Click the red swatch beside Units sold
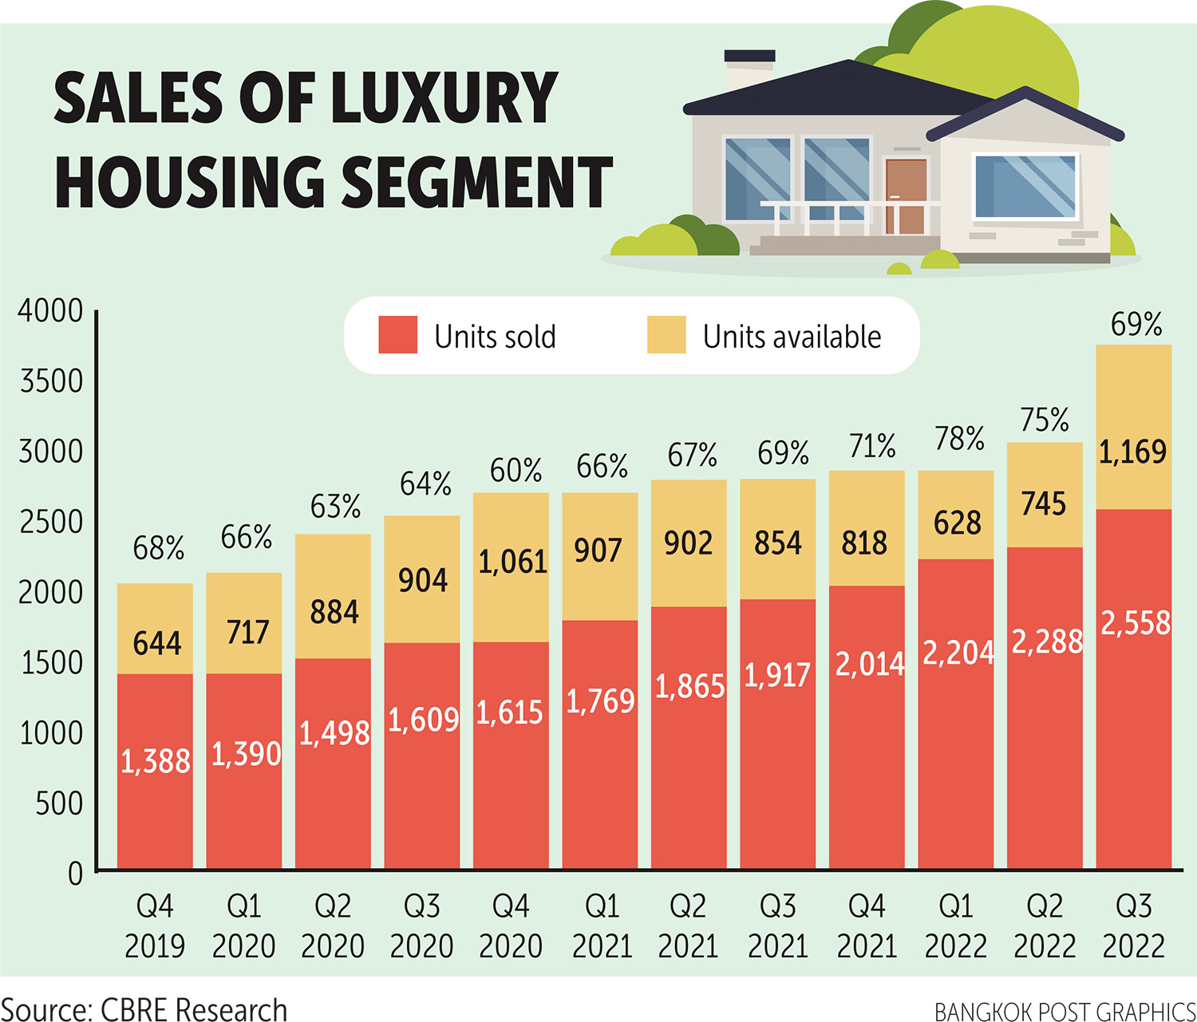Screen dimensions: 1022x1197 (397, 335)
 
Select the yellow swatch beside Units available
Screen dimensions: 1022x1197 (666, 335)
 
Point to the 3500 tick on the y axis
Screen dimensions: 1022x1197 (51, 381)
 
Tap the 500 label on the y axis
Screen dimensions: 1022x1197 (59, 803)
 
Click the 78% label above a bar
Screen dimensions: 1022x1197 (959, 439)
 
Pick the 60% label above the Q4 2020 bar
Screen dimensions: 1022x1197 (516, 471)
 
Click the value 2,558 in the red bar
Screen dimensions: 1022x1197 (1135, 623)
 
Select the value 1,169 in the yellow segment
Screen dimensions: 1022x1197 (1133, 452)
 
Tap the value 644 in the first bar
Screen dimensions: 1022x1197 (156, 643)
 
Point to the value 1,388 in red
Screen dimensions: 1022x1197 (156, 762)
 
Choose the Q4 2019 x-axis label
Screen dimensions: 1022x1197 (155, 925)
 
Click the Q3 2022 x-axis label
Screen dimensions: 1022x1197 (1133, 925)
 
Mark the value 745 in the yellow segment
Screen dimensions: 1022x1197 (1044, 504)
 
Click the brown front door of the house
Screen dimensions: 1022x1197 (906, 195)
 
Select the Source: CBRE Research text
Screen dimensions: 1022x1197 (144, 1009)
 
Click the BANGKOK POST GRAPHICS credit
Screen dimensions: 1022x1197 (1065, 1012)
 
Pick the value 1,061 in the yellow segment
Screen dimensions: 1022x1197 (512, 562)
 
